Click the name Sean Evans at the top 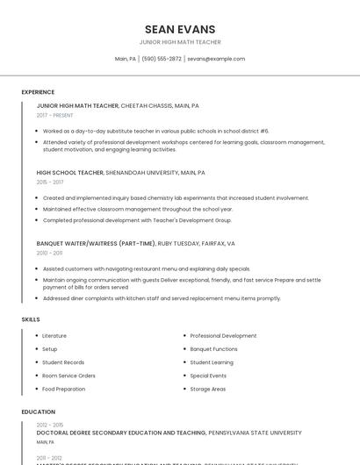[180, 29]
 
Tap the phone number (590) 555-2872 [162, 59]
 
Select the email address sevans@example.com [216, 59]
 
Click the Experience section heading [38, 92]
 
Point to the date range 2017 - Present [55, 115]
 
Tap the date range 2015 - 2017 [50, 182]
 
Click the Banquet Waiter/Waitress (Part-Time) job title [96, 243]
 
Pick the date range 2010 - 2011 [50, 253]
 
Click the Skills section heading [31, 319]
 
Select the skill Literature [54, 336]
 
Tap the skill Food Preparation [64, 389]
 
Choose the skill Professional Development [223, 336]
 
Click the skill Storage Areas [208, 389]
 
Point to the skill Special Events [209, 376]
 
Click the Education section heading [38, 411]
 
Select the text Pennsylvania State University [255, 433]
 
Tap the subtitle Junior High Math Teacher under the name [180, 42]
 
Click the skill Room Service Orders [68, 376]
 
